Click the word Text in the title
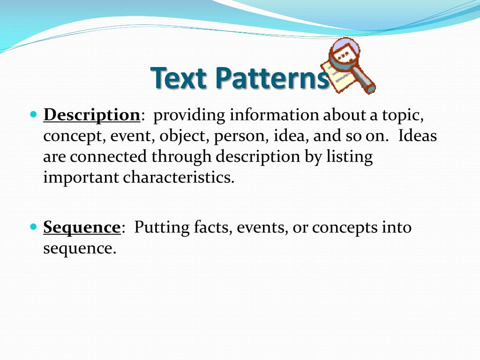tap(179, 78)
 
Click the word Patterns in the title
tap(272, 78)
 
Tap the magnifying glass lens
tap(344, 55)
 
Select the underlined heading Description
tap(92, 115)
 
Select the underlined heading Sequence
tap(82, 227)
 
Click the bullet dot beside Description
tap(33, 114)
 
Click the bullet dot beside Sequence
tap(33, 226)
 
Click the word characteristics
tap(179, 178)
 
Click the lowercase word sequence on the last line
tap(79, 249)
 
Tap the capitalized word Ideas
tap(418, 136)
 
